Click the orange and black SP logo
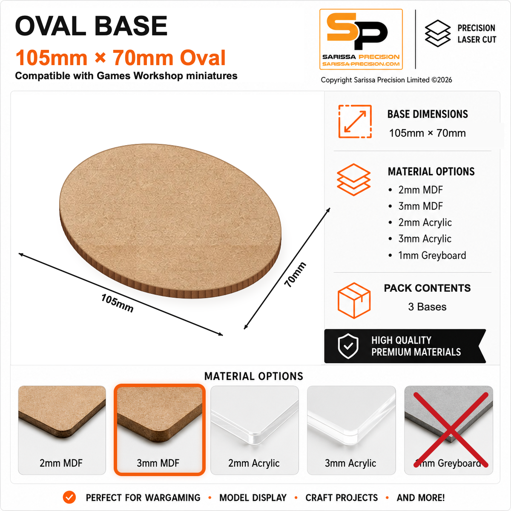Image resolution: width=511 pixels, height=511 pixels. [361, 39]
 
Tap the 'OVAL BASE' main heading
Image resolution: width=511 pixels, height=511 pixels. [91, 26]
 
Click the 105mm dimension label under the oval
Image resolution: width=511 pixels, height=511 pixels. [117, 303]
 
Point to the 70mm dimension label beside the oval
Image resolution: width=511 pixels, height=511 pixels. [295, 275]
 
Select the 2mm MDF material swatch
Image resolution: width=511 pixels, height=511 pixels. [62, 430]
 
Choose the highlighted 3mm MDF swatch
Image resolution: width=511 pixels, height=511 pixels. [159, 430]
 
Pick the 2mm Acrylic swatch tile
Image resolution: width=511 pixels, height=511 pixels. [255, 430]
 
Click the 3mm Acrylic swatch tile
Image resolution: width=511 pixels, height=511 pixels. [351, 430]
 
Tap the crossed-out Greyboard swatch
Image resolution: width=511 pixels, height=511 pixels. [448, 430]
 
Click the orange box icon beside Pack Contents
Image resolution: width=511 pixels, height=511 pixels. [354, 300]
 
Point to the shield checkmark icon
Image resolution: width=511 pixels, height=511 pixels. [348, 346]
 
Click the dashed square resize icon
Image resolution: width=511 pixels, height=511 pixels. [355, 121]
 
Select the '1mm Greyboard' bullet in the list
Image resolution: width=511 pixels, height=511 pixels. [432, 255]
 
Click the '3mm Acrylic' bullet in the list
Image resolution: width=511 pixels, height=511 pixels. [425, 238]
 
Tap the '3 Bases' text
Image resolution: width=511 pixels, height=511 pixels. [427, 307]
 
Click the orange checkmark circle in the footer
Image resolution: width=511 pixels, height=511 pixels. [69, 497]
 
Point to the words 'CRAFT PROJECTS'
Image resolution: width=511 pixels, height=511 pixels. [342, 497]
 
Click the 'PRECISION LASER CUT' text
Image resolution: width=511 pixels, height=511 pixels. [477, 34]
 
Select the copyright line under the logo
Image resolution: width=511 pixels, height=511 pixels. [386, 80]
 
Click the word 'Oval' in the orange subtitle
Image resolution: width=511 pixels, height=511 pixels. [203, 57]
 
